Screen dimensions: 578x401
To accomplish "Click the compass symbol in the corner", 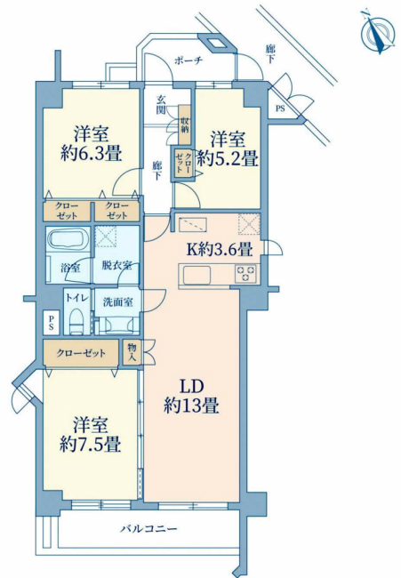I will coord(380,32).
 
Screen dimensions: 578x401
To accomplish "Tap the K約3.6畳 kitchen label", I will coord(218,249).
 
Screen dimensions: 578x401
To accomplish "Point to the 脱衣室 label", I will coord(116,264).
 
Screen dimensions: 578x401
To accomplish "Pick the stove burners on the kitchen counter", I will coord(246,275).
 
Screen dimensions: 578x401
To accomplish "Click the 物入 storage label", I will coord(132,352).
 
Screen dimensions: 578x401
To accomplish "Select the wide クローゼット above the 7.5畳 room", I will coord(81,353).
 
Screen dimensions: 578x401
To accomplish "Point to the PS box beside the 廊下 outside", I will coord(280,109).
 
